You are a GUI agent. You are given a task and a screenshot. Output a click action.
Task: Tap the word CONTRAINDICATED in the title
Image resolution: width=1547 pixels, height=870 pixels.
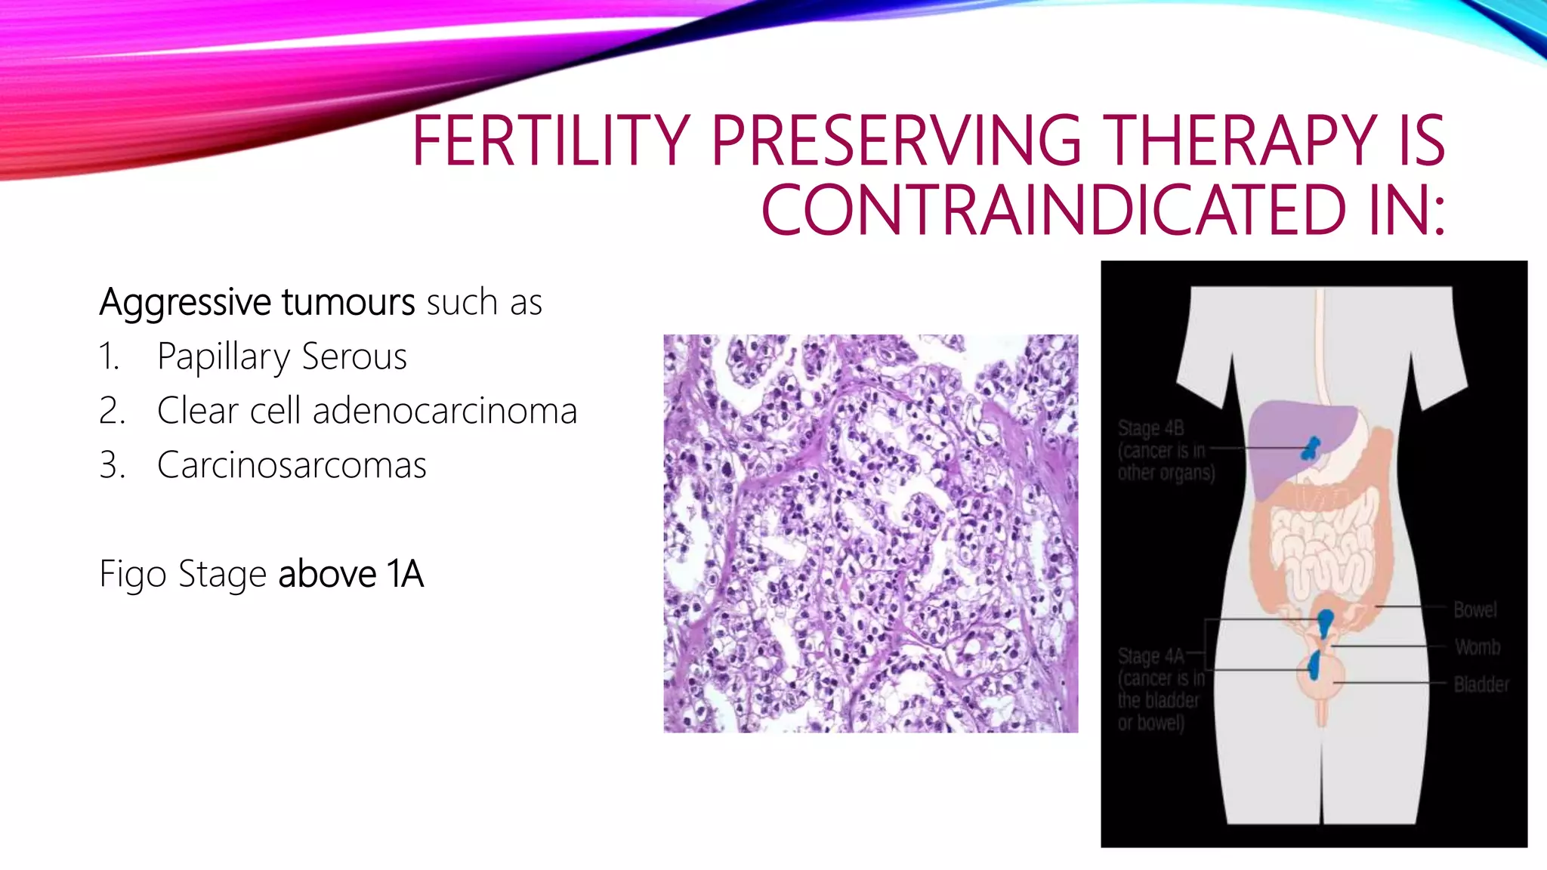(x=1054, y=210)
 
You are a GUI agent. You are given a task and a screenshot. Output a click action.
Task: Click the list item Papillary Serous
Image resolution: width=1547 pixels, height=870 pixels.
(x=282, y=356)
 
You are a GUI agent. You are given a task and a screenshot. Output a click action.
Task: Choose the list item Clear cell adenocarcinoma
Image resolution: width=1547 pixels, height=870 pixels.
(x=367, y=411)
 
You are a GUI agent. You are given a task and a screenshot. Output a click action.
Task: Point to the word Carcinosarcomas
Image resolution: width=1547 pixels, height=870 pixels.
(x=292, y=465)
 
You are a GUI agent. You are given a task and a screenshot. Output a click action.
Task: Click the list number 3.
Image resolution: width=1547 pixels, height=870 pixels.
(x=112, y=465)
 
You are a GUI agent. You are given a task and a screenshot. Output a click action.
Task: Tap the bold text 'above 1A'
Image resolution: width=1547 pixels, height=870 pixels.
(x=351, y=574)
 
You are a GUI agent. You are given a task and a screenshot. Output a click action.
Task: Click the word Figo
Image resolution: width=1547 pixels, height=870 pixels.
(x=133, y=574)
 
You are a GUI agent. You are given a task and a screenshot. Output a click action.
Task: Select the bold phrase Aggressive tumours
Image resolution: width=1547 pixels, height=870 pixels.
(x=257, y=302)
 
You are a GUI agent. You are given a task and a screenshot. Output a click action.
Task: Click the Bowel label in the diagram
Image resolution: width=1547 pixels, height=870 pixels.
(x=1474, y=609)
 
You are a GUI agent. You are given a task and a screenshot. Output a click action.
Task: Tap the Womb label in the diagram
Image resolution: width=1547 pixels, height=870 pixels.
(x=1478, y=647)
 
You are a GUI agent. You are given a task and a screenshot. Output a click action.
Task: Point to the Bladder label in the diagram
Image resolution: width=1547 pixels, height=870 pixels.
(x=1481, y=685)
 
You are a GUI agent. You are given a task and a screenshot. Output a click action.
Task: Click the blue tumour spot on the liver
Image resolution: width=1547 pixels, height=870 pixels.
(x=1311, y=448)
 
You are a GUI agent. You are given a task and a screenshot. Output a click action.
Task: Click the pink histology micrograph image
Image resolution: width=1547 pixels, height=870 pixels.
(x=870, y=533)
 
